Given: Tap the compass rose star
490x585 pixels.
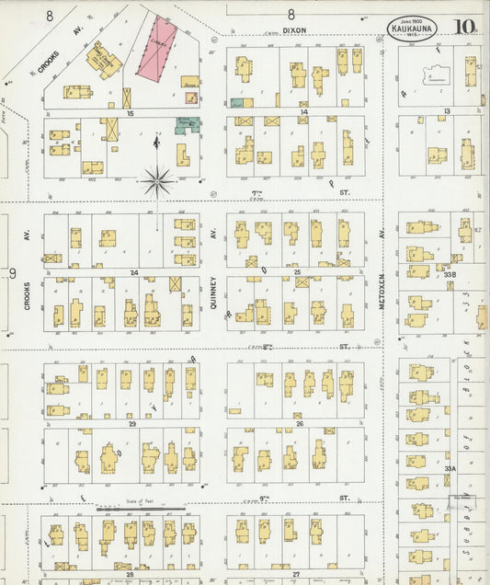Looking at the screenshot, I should (x=158, y=180).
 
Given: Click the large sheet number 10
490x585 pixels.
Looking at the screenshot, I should (x=463, y=27).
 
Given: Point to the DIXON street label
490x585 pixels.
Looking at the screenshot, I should (x=293, y=29).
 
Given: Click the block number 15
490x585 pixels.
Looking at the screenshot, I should (x=131, y=112).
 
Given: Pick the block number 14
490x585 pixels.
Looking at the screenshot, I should (x=303, y=112).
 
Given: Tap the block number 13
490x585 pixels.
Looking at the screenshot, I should (x=446, y=111).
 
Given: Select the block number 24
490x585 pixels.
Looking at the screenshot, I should (x=133, y=272).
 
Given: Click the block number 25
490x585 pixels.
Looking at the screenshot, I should (x=297, y=272).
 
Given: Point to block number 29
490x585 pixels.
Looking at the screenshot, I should (x=132, y=424).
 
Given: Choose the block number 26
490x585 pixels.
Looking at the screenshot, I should (x=299, y=424).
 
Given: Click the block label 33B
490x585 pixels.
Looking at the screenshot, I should (x=450, y=273).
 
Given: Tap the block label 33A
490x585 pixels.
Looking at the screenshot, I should (x=450, y=468).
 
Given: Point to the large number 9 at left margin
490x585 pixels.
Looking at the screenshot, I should (x=12, y=273).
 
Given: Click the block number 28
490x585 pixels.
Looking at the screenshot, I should (x=131, y=572).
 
